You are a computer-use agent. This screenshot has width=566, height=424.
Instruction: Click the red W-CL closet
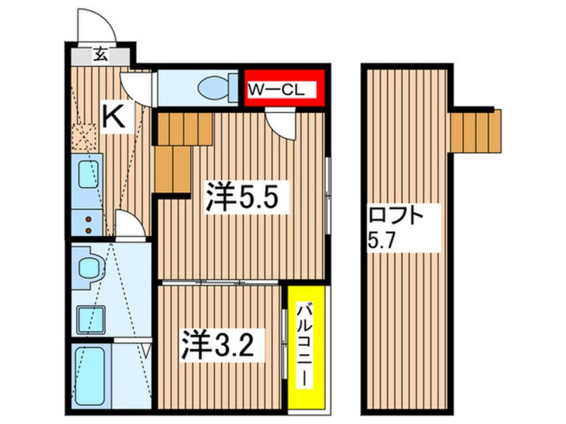[285, 88]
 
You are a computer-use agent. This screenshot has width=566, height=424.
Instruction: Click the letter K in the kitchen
[114, 118]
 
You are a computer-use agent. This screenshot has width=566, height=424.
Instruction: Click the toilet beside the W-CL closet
[215, 88]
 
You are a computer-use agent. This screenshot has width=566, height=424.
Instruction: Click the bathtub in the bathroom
[88, 377]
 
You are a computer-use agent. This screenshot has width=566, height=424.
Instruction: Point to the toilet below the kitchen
[88, 268]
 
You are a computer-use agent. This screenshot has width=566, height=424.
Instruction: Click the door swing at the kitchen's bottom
[129, 224]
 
